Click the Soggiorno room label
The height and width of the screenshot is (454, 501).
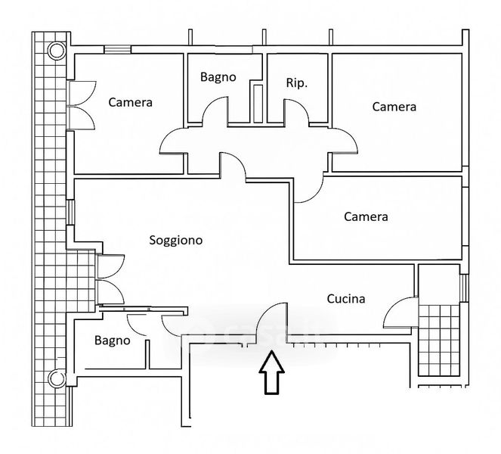click(175, 241)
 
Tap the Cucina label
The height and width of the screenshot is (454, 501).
click(346, 299)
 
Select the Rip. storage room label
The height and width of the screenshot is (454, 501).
click(296, 83)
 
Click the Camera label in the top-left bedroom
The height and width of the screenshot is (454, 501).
click(131, 102)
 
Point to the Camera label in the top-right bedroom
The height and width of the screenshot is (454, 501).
click(394, 107)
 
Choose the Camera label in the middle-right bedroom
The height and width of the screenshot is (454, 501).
click(366, 216)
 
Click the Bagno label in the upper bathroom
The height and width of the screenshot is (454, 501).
click(218, 76)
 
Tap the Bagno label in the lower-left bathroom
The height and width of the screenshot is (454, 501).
click(112, 340)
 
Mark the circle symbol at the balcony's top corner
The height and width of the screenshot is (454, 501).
click(55, 51)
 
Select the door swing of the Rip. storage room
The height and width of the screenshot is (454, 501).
click(295, 111)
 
